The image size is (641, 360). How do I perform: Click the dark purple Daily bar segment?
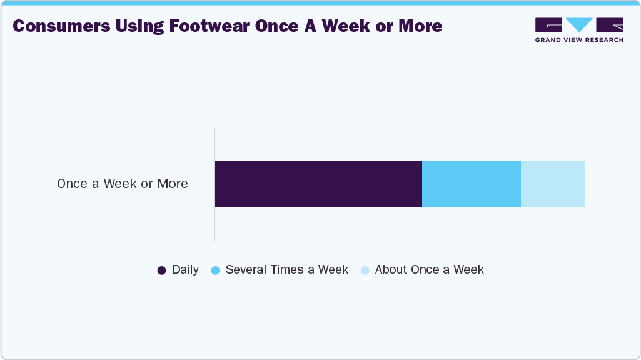318,184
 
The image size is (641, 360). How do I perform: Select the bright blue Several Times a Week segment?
472,184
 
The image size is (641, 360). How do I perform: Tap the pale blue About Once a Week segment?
553,184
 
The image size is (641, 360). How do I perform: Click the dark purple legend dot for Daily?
161,271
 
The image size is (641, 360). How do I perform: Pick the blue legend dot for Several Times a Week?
215,271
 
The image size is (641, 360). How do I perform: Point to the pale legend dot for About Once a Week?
365,271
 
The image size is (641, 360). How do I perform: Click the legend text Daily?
185,270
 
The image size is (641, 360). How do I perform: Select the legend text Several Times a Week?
286,270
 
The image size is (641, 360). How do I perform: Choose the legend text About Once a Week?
429,270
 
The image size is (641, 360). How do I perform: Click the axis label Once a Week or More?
123,184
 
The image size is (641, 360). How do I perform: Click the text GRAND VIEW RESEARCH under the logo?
579,40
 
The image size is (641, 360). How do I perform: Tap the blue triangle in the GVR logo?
579,25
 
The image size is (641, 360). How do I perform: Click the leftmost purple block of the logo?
548,25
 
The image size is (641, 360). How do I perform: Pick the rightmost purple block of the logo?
610,25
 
